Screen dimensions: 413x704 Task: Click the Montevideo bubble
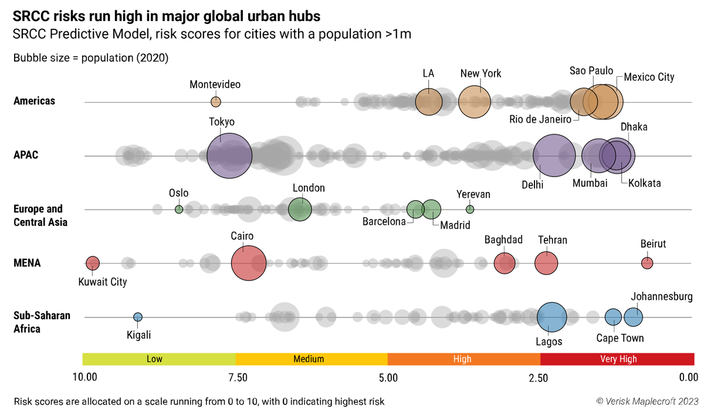point(216,102)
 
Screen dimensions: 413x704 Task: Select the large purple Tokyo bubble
point(229,156)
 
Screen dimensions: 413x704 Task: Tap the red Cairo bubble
point(249,263)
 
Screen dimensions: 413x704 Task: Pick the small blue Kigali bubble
point(138,317)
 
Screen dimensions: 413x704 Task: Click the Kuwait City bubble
point(93,263)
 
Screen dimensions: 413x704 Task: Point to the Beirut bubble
point(647,263)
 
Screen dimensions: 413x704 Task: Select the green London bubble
point(300,209)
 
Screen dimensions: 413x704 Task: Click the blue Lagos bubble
point(551,317)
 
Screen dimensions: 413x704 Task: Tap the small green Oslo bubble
point(179,209)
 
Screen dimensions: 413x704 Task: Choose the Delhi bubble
point(554,156)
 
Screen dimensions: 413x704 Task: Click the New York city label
point(480,74)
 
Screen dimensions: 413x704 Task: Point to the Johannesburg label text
point(662,296)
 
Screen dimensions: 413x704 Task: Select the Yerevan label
point(473,194)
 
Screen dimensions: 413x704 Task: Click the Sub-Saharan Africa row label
point(42,322)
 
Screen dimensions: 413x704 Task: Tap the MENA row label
point(27,263)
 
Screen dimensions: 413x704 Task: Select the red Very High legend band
point(617,359)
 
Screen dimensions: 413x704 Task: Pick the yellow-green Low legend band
point(158,359)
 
